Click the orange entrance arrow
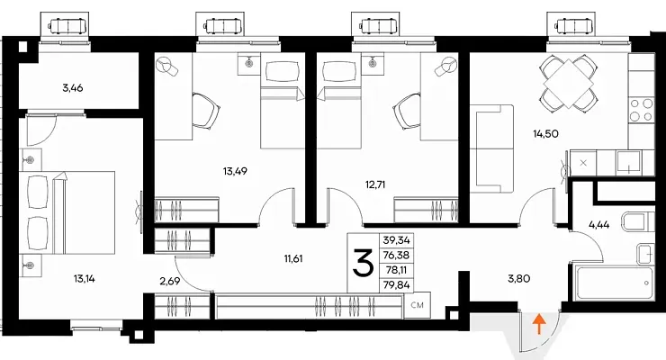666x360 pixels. point(539,324)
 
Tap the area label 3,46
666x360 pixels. point(73,88)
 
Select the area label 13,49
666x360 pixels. point(235,171)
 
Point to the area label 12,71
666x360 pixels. point(375,184)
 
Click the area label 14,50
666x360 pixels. point(545,134)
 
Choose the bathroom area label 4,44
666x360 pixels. point(598,225)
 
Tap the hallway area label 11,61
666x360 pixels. point(293,258)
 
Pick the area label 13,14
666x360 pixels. point(84,279)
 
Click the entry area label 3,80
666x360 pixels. point(519,279)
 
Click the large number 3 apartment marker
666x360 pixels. point(364,263)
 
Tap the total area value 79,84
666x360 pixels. point(396,285)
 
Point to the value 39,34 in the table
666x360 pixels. point(396,240)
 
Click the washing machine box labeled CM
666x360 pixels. point(418,305)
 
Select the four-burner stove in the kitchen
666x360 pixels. point(642,110)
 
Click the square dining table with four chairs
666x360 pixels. point(568,83)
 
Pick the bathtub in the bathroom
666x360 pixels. point(613,283)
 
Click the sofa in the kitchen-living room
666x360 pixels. point(495,148)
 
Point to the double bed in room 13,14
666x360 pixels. point(67,212)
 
